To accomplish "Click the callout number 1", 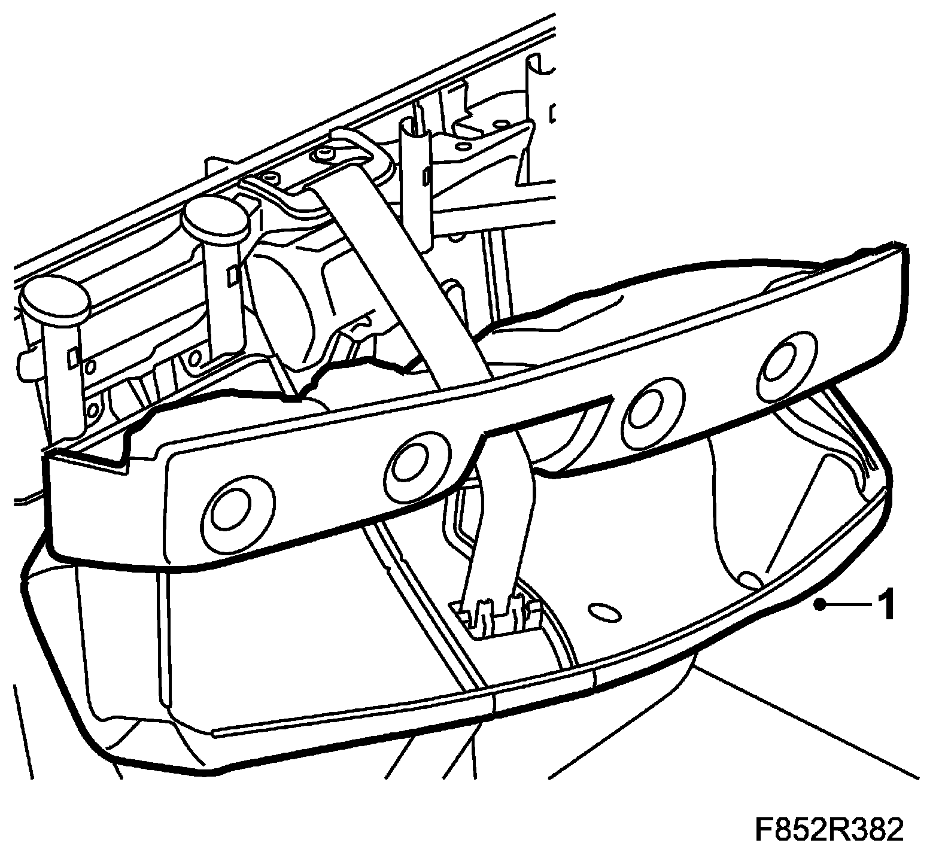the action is (x=885, y=605).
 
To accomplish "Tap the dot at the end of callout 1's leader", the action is (x=822, y=605).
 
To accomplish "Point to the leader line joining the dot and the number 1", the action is (x=850, y=605).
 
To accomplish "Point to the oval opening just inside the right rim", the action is (x=751, y=578).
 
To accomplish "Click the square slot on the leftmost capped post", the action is (x=73, y=356).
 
